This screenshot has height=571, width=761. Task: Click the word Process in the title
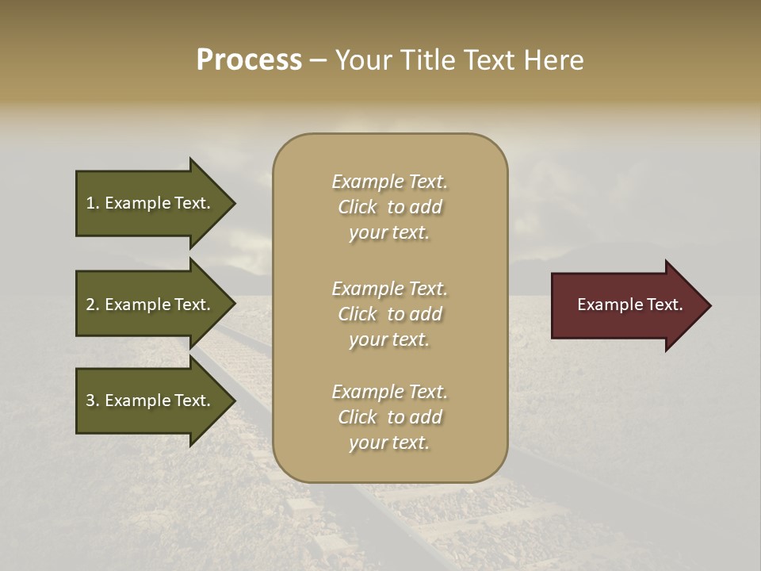(249, 60)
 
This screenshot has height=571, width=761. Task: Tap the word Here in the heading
(554, 60)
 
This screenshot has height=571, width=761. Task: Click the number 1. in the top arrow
(93, 203)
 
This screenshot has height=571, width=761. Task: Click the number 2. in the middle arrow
(93, 305)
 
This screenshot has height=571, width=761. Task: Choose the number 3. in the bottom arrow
(93, 400)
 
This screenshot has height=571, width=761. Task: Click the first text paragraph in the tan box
(389, 207)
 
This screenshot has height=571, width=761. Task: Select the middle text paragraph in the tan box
(389, 314)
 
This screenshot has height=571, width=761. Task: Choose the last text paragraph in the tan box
(389, 417)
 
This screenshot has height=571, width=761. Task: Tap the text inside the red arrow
(630, 305)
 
